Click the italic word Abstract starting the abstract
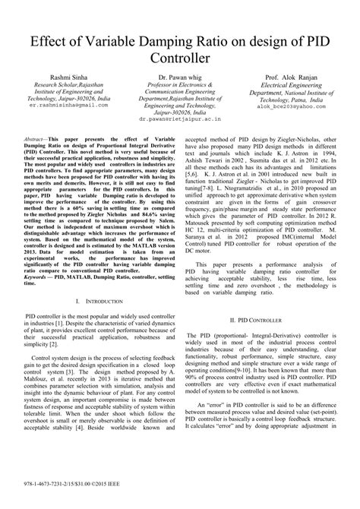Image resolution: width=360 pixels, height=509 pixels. click(35, 141)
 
